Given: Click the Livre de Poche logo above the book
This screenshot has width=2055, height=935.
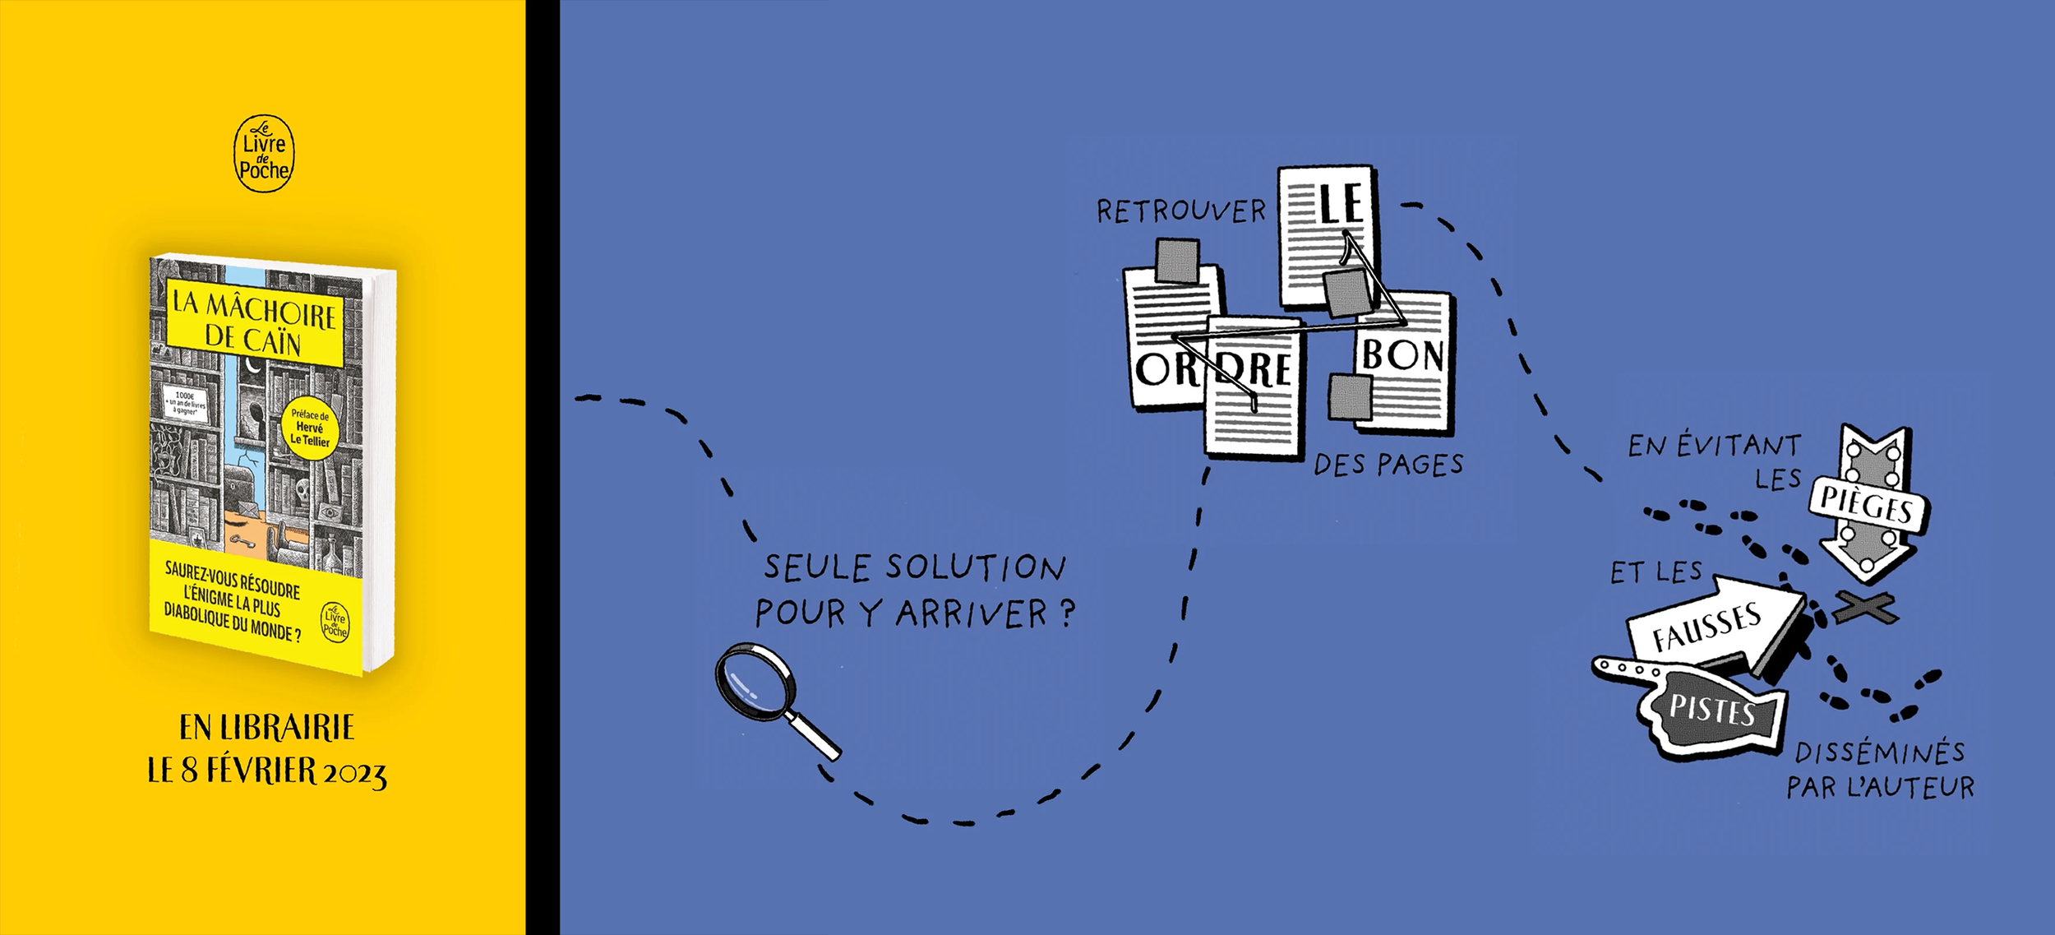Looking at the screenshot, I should [264, 154].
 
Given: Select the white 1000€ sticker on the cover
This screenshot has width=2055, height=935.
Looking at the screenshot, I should [185, 403].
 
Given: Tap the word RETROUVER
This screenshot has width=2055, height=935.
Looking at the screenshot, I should [1181, 212].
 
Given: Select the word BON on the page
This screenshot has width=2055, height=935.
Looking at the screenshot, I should [1402, 355].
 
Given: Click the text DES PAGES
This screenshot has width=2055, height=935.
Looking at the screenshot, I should [1388, 465].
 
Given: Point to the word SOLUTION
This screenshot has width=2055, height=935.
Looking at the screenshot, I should [975, 567].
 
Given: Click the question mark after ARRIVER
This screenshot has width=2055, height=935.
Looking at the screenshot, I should [1067, 613].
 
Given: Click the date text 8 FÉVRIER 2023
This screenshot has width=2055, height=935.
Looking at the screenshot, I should [283, 771].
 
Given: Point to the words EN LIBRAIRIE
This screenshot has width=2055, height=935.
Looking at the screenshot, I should [267, 728].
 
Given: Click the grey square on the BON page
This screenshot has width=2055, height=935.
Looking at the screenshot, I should [1350, 396].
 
